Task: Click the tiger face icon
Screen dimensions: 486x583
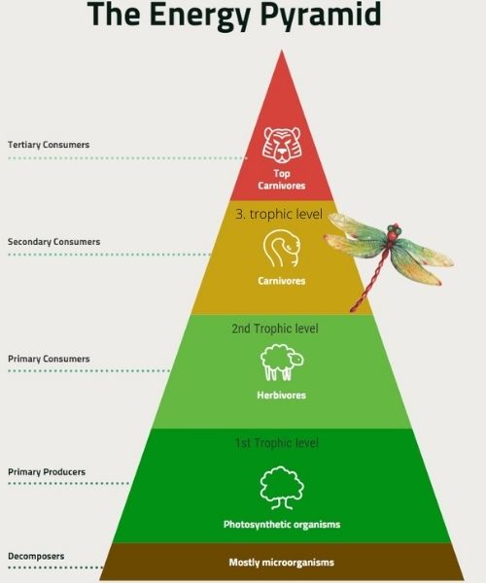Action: click(x=282, y=145)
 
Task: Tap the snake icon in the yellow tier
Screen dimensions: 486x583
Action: click(x=282, y=248)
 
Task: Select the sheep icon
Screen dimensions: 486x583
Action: click(x=282, y=362)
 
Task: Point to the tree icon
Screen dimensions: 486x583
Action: click(x=282, y=488)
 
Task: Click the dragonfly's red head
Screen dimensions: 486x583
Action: click(x=393, y=232)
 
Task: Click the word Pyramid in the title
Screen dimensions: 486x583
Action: click(x=321, y=15)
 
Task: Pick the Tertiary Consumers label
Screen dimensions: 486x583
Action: click(x=49, y=144)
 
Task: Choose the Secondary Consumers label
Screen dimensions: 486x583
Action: click(x=53, y=242)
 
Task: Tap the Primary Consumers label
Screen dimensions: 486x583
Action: click(x=49, y=359)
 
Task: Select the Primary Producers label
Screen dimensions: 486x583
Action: click(x=47, y=472)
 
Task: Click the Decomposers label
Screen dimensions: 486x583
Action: click(x=36, y=556)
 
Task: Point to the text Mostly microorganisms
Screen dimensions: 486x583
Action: click(x=282, y=563)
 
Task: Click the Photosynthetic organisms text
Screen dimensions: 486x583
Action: click(x=282, y=525)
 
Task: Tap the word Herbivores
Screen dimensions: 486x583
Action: click(x=282, y=394)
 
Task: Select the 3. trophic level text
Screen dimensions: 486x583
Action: click(x=279, y=215)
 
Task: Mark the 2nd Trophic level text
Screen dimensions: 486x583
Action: click(x=275, y=328)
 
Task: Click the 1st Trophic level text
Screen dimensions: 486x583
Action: click(x=277, y=443)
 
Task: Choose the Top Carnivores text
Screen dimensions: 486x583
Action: click(x=282, y=180)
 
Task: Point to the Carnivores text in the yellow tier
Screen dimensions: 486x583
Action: click(x=282, y=281)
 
